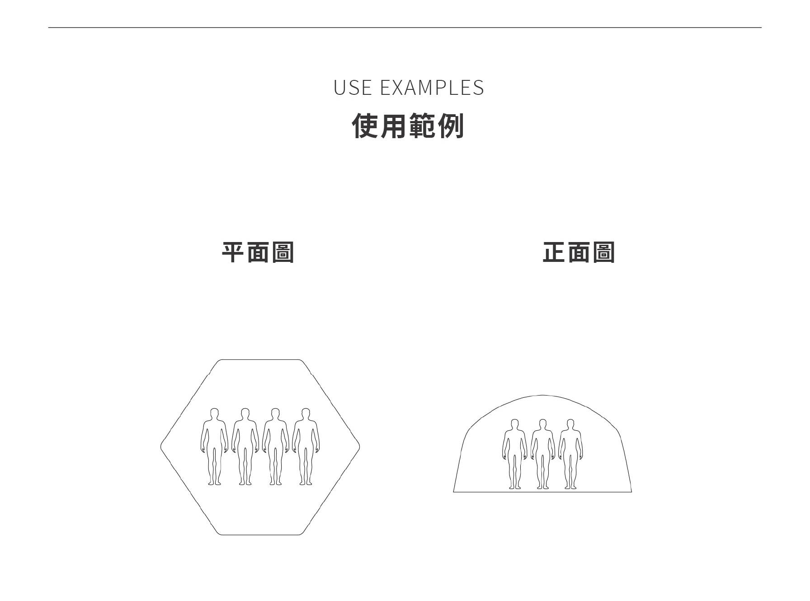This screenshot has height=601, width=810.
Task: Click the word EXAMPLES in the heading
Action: point(432,88)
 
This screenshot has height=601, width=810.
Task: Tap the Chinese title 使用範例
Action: point(408,126)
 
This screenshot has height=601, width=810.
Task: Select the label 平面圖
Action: point(258,252)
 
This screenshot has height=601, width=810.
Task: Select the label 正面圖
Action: point(579,252)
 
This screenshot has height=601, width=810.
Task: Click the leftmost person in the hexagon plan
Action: point(215,447)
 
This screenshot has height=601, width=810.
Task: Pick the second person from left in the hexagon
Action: point(245,447)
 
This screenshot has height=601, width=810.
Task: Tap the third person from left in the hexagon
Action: point(275,447)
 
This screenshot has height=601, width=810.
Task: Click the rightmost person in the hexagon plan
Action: point(306,447)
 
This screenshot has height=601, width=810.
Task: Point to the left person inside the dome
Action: point(514,454)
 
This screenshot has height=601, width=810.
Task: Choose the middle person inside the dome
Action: point(542,454)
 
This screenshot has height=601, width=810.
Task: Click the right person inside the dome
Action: point(570,454)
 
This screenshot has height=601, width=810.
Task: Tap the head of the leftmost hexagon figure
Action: point(215,414)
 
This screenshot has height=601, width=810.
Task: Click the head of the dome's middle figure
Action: point(542,424)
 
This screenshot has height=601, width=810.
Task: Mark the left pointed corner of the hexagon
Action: point(161,447)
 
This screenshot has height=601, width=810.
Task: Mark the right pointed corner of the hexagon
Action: point(359,447)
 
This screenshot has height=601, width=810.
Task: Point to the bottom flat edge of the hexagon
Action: point(260,535)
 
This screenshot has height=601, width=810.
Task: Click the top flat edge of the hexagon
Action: point(260,360)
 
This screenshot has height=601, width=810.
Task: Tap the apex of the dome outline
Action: point(542,396)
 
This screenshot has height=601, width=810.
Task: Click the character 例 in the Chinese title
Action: point(451,126)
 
